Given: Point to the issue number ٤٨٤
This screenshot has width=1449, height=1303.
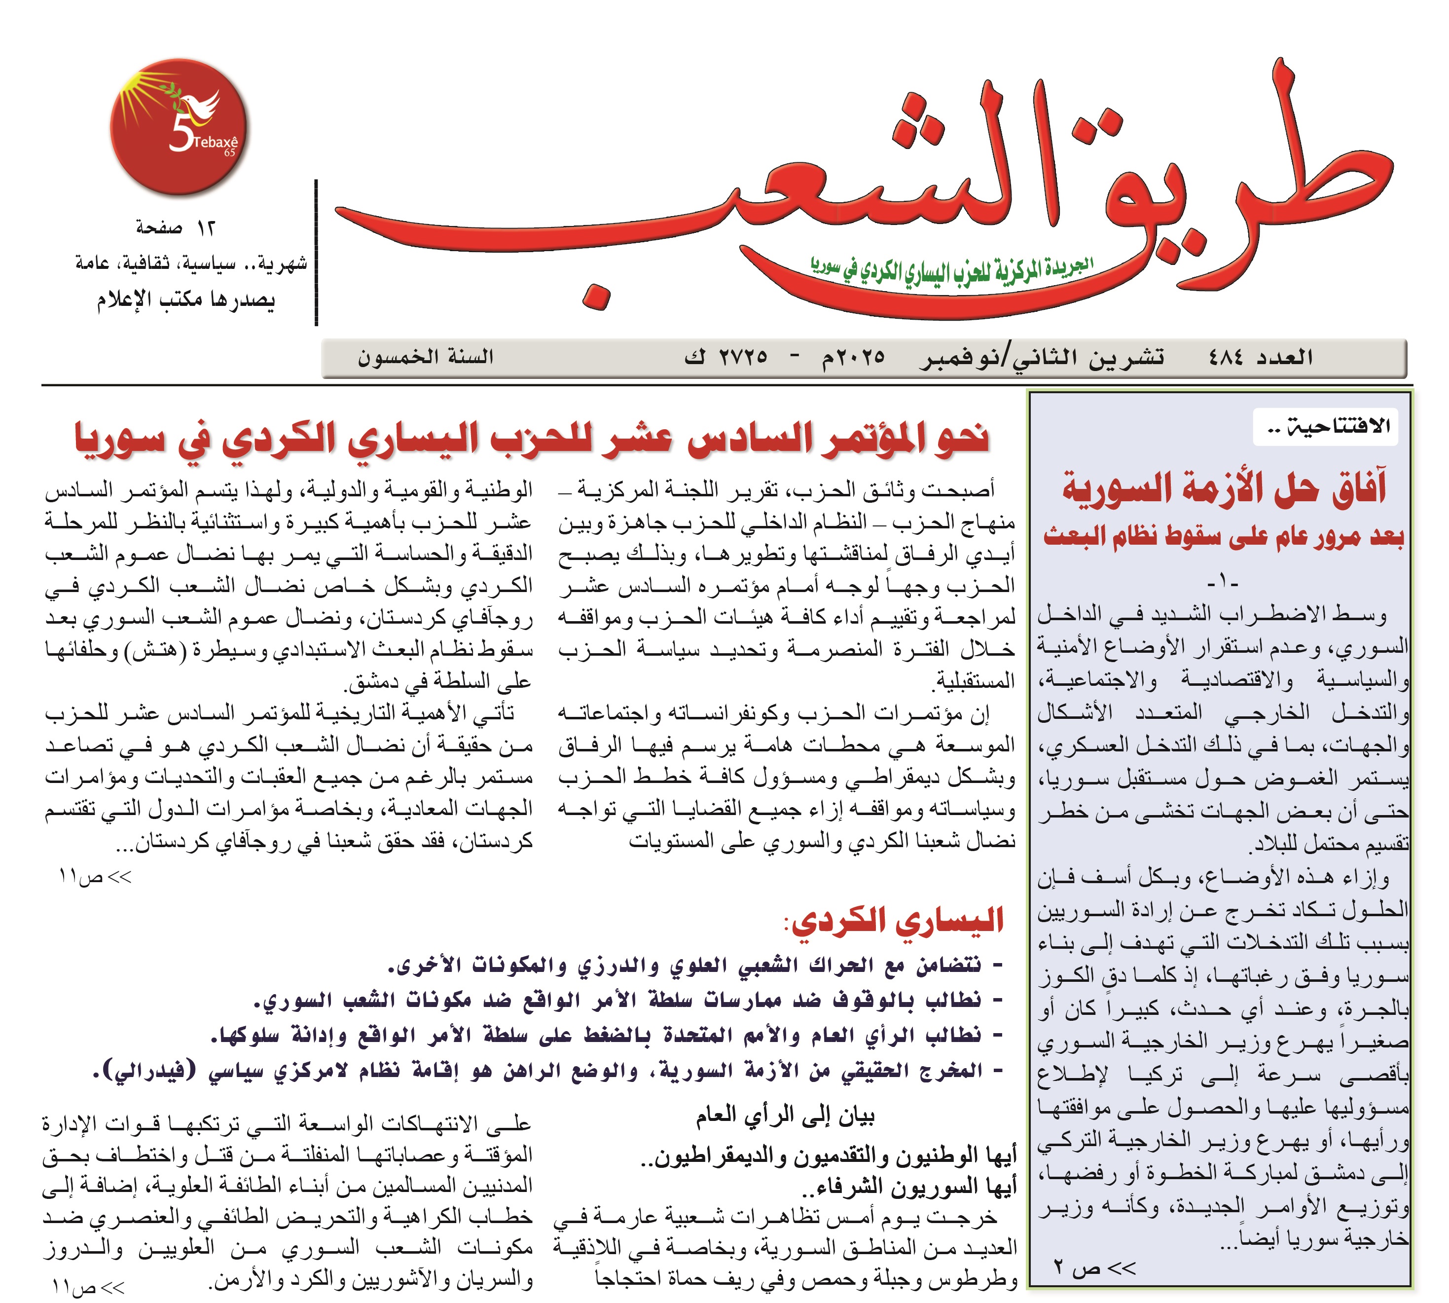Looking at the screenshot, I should pos(1225,357).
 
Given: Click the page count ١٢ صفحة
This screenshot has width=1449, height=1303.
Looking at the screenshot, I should pos(175,227).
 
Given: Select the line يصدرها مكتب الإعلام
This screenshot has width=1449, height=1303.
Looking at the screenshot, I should pos(186,299).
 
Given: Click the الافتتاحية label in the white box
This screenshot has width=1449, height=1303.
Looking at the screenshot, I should pos(1327,427).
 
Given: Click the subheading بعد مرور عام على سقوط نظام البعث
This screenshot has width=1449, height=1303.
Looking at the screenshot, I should pos(1224,535).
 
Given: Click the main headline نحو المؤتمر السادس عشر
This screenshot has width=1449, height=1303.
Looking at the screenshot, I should pos(533,438).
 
